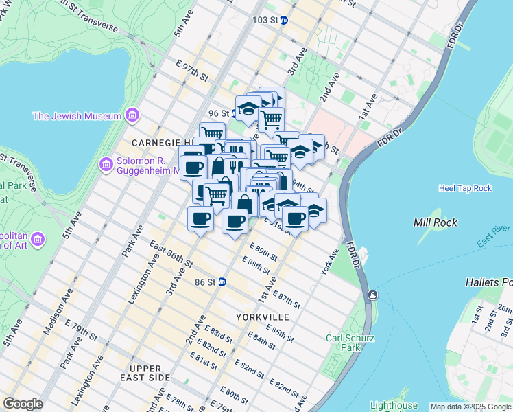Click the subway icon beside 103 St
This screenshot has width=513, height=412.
[284, 20]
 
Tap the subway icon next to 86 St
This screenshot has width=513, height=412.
[222, 282]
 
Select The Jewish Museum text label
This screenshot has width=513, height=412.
[77, 116]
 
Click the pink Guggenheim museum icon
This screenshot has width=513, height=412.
[106, 164]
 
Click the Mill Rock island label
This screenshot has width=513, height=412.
[436, 222]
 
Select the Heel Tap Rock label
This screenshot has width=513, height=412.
[465, 188]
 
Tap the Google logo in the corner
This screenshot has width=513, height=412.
[23, 404]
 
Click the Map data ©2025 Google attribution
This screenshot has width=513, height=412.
[470, 407]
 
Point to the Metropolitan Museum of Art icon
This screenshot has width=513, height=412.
[38, 239]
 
